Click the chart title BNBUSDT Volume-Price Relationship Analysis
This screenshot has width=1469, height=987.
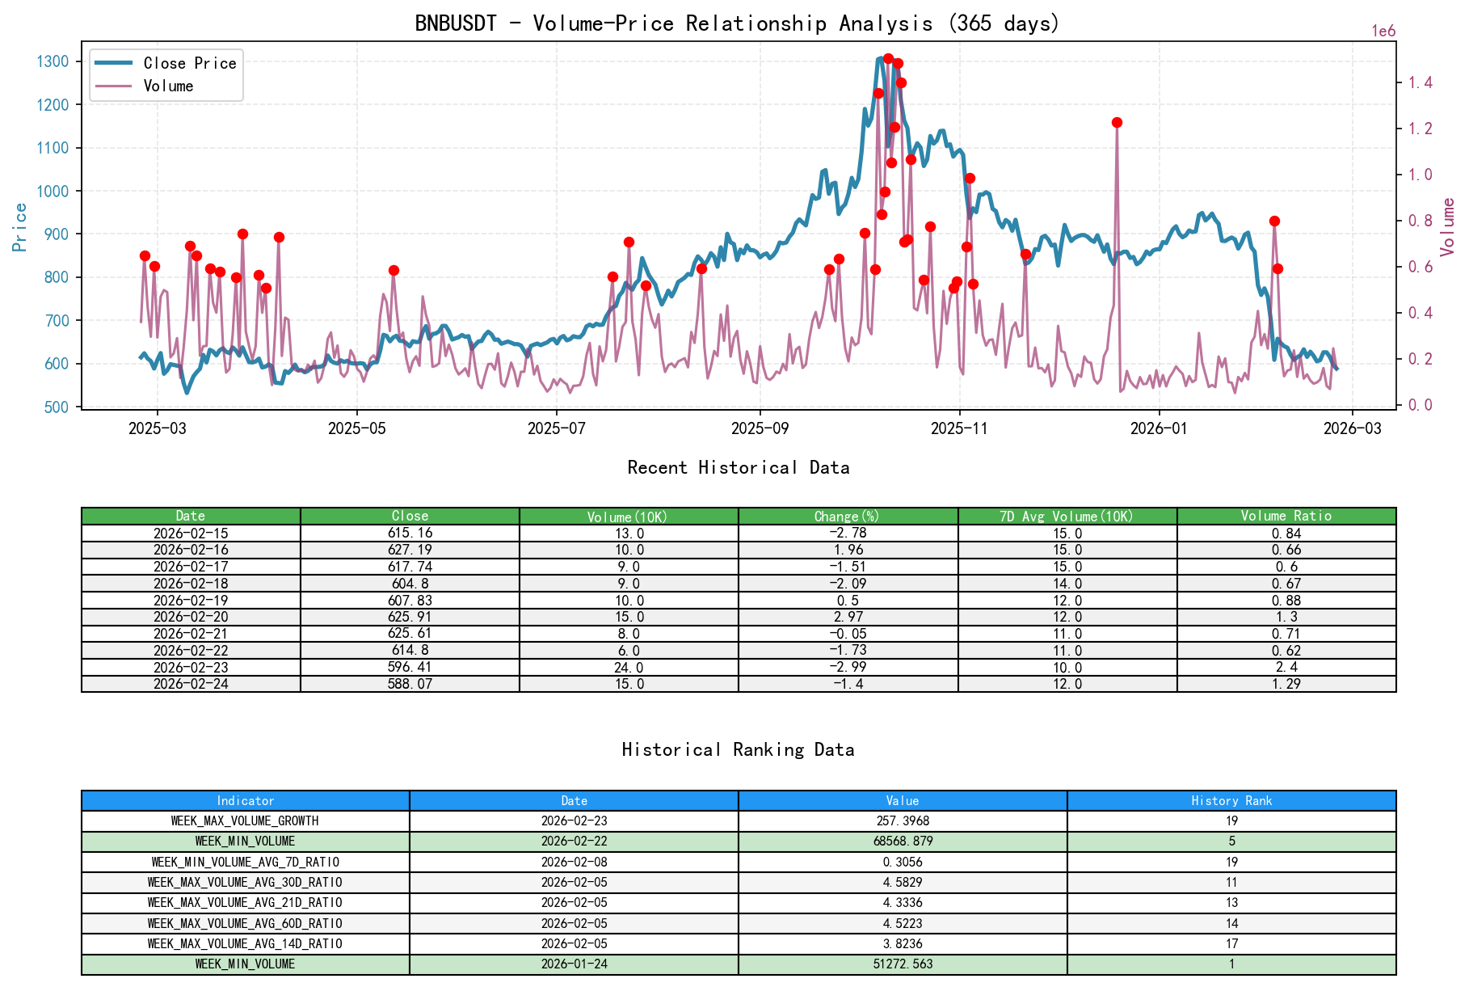click(x=736, y=23)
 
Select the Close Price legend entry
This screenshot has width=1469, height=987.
click(x=189, y=63)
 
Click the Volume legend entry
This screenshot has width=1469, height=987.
click(x=168, y=86)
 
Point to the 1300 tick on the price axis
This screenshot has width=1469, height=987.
click(x=53, y=61)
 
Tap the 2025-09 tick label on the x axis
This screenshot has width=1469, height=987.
click(x=760, y=428)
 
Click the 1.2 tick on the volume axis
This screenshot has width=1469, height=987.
click(x=1421, y=129)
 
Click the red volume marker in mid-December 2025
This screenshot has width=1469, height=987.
click(x=1117, y=123)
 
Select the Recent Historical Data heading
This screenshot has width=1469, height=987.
click(x=738, y=467)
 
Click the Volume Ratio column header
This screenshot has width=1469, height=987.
click(x=1286, y=516)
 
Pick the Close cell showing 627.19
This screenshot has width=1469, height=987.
click(x=410, y=550)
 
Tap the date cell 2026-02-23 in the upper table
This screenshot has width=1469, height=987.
click(x=191, y=668)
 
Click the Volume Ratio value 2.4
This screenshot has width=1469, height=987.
click(x=1286, y=668)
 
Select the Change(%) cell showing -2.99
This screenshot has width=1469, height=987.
click(x=848, y=668)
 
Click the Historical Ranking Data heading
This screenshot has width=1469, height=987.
click(x=738, y=749)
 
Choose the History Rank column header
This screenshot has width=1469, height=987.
click(x=1231, y=800)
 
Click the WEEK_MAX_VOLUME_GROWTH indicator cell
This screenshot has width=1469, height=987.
click(x=245, y=821)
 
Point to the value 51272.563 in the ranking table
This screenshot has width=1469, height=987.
click(x=902, y=964)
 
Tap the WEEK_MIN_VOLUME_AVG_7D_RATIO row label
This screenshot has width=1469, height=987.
click(x=245, y=863)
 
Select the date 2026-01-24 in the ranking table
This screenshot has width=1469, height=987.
click(x=574, y=964)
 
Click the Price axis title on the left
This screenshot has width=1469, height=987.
click(x=20, y=226)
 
